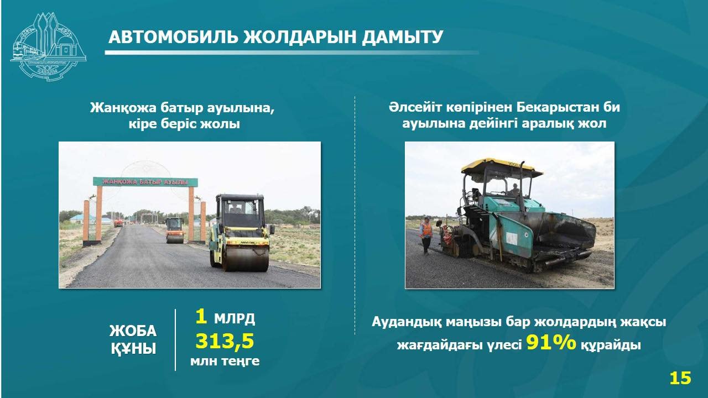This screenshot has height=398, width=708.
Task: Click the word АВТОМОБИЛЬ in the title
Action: tap(173, 37)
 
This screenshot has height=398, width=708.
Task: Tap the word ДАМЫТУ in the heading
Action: tap(402, 37)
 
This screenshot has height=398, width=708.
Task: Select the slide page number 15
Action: tap(680, 378)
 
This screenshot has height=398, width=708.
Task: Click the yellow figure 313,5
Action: tap(225, 341)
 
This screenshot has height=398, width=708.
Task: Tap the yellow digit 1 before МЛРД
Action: tap(201, 317)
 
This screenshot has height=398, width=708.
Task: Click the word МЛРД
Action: tap(235, 319)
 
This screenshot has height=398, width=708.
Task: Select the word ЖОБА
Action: tap(133, 331)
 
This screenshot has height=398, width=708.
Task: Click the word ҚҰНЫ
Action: tap(133, 349)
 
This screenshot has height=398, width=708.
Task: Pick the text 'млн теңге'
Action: tap(225, 361)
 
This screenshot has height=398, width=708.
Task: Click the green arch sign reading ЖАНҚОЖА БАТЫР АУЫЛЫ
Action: tap(145, 182)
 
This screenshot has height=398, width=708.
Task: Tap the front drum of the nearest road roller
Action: tap(246, 258)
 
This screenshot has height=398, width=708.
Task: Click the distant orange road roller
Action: tap(175, 230)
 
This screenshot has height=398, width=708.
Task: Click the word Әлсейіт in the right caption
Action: tap(415, 107)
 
